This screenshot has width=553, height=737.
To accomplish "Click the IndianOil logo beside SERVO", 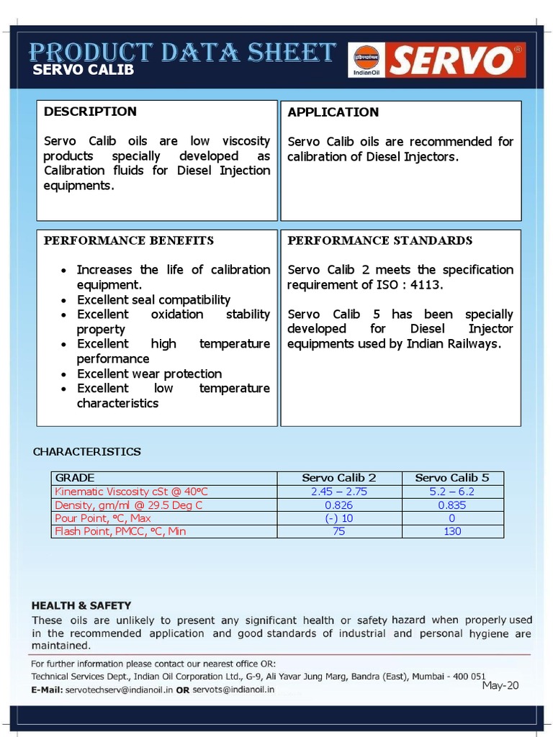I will tap(366, 60).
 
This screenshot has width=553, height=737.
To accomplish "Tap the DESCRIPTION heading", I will tap(90, 112).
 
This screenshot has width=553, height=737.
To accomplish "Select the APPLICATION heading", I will tap(333, 112).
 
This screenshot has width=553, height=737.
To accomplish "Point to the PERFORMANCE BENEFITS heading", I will tap(129, 240).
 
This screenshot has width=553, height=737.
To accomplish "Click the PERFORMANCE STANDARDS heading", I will tap(380, 240).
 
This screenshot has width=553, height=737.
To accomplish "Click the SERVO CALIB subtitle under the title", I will tap(84, 71).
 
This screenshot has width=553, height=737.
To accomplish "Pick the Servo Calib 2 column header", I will tap(338, 478).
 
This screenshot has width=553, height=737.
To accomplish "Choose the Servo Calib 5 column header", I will tap(451, 478).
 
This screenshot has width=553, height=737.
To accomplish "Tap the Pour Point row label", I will tap(103, 518).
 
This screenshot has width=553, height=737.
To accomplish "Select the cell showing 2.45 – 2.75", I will tap(338, 492).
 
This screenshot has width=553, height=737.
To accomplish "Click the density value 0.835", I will tap(451, 505).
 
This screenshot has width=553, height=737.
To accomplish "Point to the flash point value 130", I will tap(451, 532).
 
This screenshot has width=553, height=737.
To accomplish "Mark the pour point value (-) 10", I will tap(338, 518).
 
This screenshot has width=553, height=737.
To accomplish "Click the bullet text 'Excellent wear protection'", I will tap(149, 374).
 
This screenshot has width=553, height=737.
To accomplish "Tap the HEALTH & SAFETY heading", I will tap(81, 606).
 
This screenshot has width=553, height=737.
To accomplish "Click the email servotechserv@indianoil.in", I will tap(119, 689).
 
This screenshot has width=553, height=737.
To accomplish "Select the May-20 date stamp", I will tap(500, 685).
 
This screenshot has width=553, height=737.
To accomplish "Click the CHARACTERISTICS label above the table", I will tap(87, 452).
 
